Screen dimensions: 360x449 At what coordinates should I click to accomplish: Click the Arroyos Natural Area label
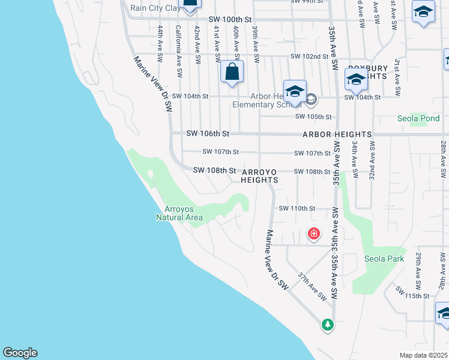click(x=179, y=213)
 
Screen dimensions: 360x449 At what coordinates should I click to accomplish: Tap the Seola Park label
click(x=384, y=259)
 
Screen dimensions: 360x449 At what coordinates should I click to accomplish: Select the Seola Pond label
click(x=418, y=118)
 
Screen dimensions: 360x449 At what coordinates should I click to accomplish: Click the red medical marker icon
click(x=313, y=233)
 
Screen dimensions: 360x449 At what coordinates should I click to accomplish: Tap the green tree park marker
click(x=327, y=325)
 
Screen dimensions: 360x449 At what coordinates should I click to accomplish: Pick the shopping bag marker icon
click(x=232, y=72)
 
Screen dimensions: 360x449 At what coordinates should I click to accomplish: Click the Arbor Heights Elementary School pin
click(x=295, y=92)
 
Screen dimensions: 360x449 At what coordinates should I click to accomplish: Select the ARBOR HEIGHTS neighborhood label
click(x=337, y=134)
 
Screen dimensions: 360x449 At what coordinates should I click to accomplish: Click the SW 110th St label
click(x=297, y=208)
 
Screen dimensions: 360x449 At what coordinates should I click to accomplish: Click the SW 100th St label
click(x=230, y=20)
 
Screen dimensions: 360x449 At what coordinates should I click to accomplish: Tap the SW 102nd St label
click(x=310, y=56)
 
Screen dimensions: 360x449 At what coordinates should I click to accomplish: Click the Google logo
click(x=20, y=353)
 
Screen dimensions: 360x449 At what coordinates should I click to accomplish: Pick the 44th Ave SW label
click(x=160, y=45)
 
